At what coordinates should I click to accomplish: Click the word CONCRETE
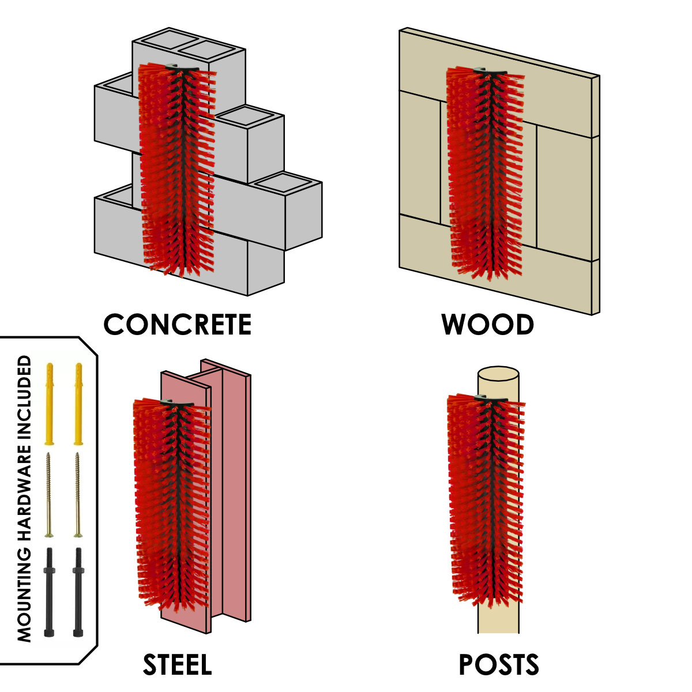(178, 324)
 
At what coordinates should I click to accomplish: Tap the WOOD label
(487, 325)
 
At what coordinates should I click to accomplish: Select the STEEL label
(178, 665)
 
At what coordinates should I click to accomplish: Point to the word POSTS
(499, 665)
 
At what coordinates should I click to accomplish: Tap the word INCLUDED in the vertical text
(24, 398)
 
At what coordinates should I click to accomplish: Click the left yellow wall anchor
(50, 404)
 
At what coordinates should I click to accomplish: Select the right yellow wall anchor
(78, 404)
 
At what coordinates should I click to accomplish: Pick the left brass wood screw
(49, 494)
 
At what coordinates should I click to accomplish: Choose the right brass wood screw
(78, 494)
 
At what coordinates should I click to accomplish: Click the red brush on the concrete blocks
(178, 169)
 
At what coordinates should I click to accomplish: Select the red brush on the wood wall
(486, 172)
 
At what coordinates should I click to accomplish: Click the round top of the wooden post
(498, 374)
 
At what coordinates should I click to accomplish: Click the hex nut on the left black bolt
(49, 570)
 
